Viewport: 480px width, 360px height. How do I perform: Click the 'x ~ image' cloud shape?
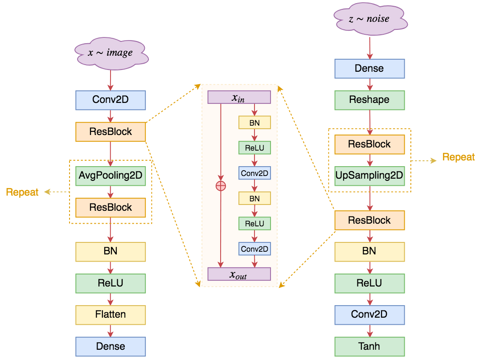(111, 53)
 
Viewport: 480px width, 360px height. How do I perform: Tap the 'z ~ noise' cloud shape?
(369, 19)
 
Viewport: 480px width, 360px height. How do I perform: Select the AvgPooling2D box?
(111, 176)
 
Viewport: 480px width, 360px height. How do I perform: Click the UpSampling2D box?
(369, 176)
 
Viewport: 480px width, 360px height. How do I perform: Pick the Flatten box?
(111, 315)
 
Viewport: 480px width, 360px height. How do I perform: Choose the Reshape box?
(369, 100)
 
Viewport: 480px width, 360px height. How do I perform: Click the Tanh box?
(369, 347)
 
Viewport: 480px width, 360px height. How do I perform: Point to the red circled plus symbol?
(221, 186)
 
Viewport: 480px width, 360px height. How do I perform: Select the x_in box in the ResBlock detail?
(239, 98)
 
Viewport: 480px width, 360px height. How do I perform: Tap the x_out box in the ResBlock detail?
(239, 274)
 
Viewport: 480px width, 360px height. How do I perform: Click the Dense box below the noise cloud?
(369, 69)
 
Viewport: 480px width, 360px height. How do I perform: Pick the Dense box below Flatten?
(111, 347)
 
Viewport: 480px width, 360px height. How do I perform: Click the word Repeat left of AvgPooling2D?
(22, 192)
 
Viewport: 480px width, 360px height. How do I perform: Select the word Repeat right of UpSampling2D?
(458, 157)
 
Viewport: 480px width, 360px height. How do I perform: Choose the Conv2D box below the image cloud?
(111, 100)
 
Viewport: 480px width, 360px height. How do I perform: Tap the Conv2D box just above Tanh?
(369, 315)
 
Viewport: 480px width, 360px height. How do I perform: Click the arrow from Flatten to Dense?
(111, 330)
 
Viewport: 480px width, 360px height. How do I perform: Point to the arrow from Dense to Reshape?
(369, 85)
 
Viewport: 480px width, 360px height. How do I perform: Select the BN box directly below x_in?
(254, 123)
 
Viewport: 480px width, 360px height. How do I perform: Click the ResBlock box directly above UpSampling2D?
(369, 144)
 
